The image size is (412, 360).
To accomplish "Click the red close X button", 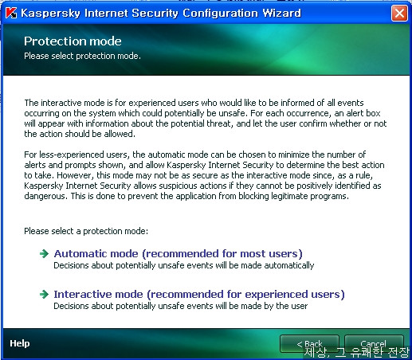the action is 399,13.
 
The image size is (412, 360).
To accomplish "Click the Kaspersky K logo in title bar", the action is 11,13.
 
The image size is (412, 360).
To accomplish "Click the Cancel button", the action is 374,344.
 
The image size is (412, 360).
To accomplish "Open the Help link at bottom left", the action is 20,343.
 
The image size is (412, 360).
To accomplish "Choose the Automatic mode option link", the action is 178,254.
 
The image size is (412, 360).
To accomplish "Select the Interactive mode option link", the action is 199,295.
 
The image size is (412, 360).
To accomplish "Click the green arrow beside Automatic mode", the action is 44,254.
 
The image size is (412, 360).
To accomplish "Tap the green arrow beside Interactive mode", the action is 44,294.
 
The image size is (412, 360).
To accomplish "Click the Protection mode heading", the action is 73,41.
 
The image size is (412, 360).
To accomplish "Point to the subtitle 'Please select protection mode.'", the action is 82,56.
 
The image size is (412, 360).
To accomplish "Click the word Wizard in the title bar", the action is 281,13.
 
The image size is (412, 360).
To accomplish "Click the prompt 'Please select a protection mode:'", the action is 86,231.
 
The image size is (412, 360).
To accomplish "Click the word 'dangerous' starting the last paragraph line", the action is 45,196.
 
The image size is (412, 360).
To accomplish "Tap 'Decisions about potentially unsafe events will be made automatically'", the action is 184,265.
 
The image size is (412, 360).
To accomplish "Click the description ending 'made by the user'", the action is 181,306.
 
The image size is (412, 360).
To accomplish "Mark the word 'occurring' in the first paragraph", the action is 41,113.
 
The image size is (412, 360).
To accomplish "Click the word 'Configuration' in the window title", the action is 220,13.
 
